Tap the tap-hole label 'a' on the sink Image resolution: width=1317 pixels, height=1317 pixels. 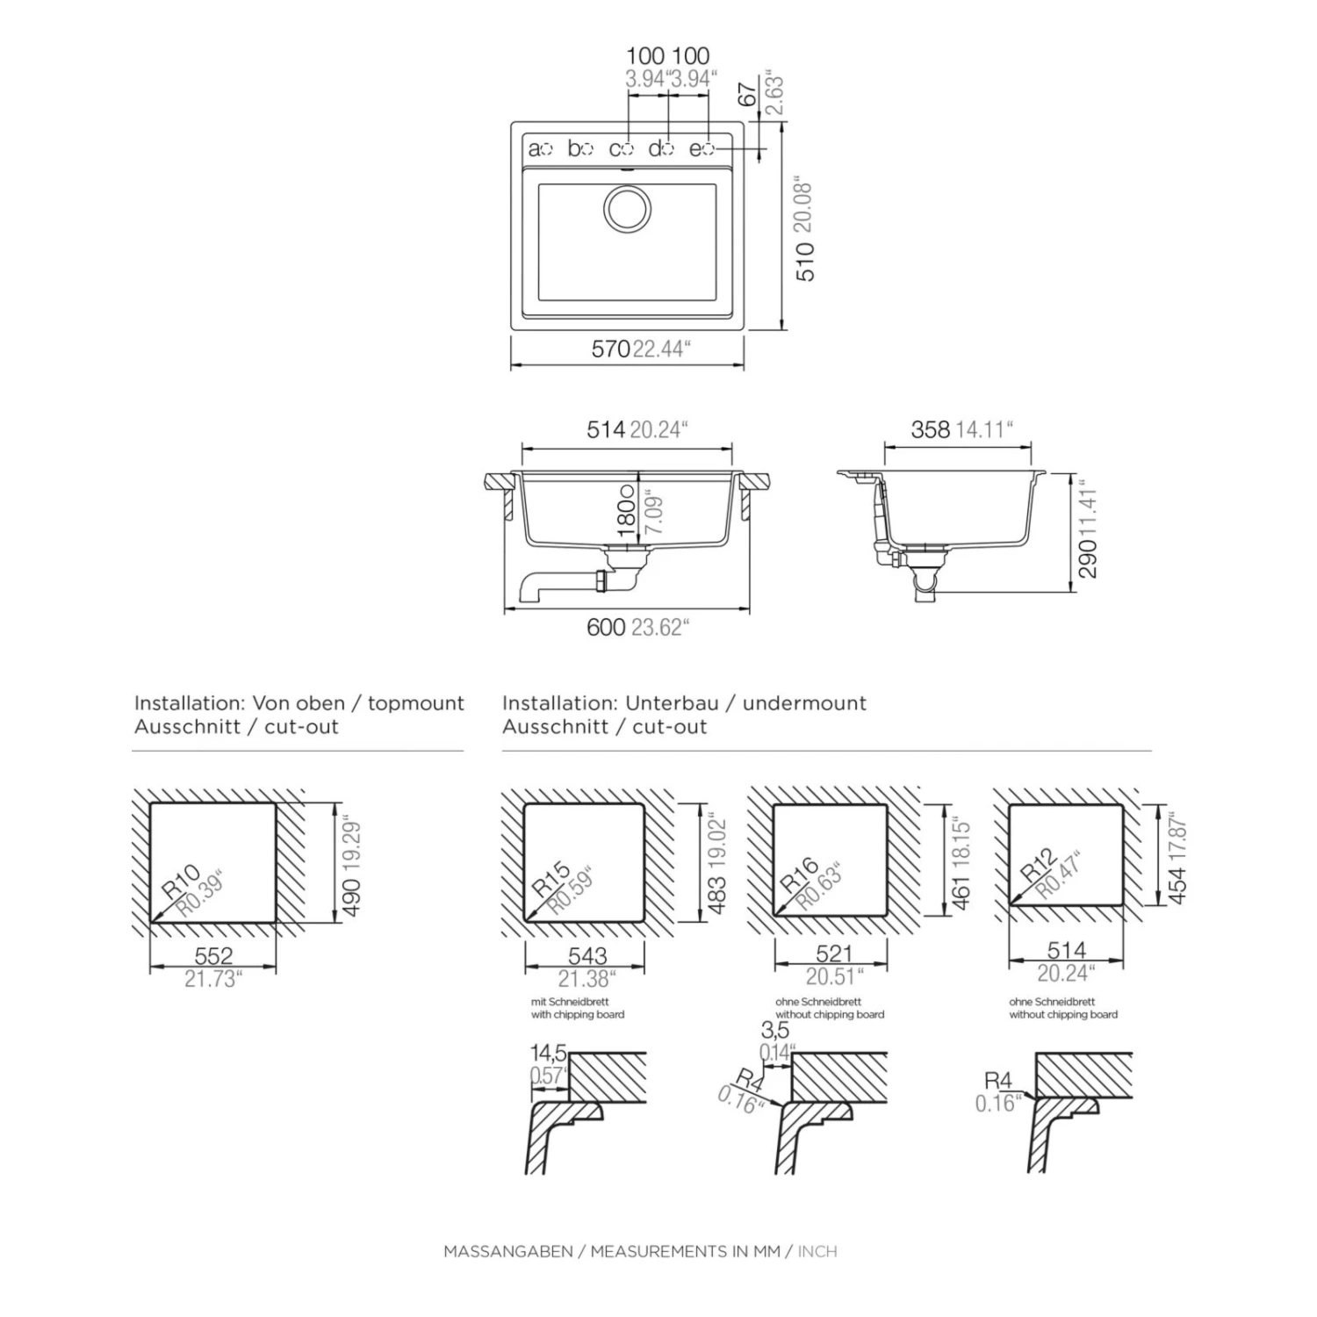point(534,149)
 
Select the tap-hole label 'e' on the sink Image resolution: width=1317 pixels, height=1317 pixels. point(695,149)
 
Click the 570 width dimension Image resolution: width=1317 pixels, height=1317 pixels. point(610,349)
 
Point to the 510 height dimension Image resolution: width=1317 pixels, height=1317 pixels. point(806,262)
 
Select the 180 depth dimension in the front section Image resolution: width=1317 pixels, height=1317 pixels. point(626,517)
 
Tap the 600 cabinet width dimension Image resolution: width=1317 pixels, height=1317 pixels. point(606,627)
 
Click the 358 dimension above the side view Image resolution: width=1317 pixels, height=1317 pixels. point(931,429)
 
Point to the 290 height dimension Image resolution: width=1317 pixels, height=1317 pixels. point(1088,558)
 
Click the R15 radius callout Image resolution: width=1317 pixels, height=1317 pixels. point(551,880)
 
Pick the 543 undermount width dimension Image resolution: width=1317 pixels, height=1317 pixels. point(587,956)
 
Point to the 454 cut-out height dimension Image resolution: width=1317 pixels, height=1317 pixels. point(1177,886)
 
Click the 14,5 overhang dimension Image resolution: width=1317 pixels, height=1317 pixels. point(548,1053)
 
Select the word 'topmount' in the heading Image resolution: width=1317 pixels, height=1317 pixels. point(416,703)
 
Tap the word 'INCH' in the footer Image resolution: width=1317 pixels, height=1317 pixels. point(817,1251)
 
